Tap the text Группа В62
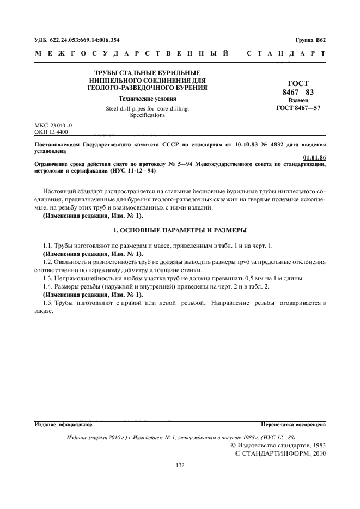pos(310,40)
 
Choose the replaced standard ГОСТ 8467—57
pos(297,109)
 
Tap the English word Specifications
pos(147,115)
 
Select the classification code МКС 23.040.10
pos(53,125)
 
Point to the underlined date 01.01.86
pos(314,158)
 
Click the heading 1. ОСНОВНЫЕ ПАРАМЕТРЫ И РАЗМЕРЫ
pos(180,230)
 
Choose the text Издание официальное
pos(63,423)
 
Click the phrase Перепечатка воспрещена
pos(293,423)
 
